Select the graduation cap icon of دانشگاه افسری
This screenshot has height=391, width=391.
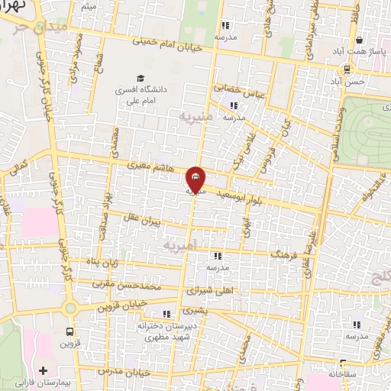pos(139,78)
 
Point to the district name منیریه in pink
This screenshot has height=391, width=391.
pos(193,117)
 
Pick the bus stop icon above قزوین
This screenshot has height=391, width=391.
pos(70,332)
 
